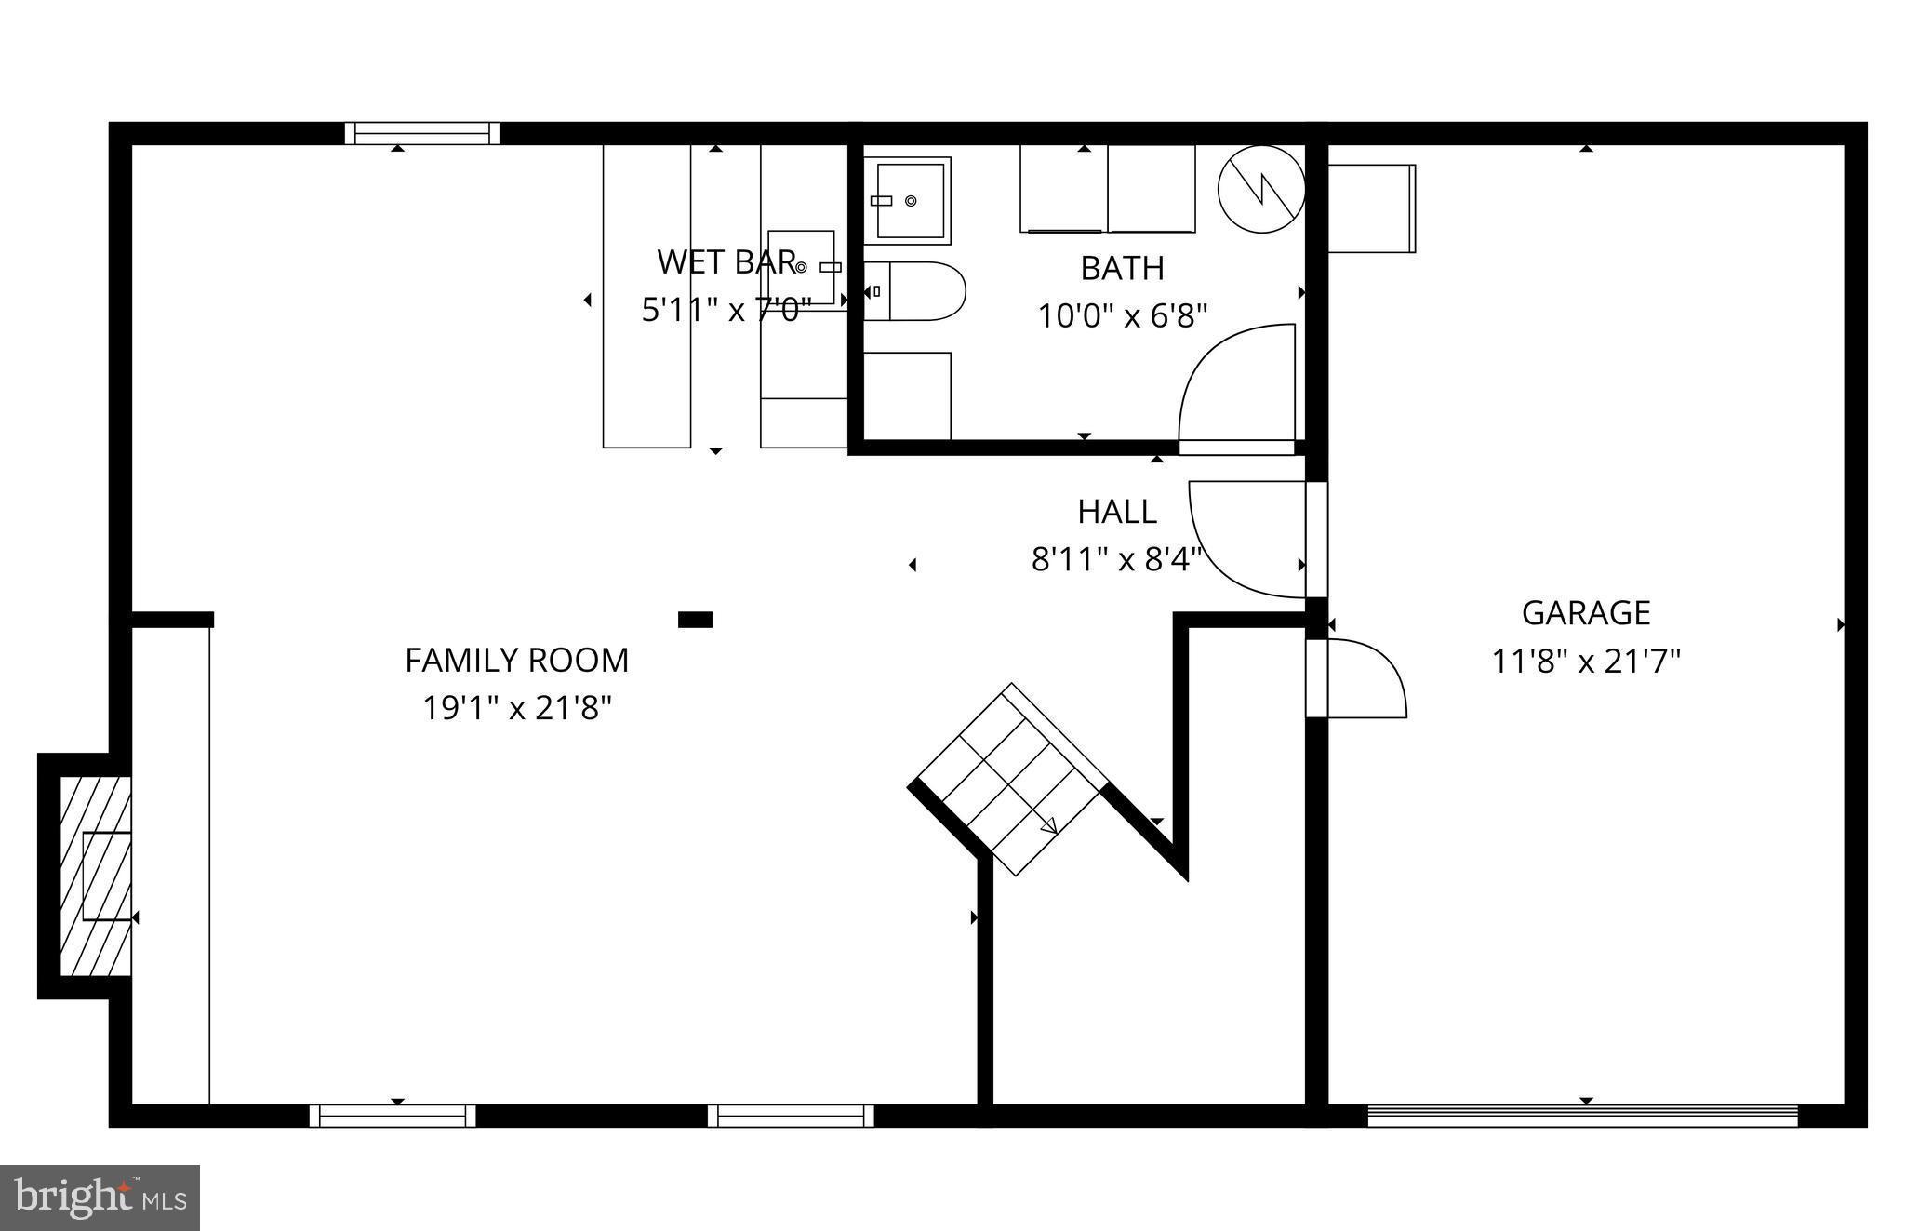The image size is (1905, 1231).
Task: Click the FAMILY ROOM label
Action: pos(516,660)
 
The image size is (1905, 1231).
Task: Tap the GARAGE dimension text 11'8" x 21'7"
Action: pos(1586,662)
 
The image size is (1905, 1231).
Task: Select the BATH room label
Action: pos(1122,268)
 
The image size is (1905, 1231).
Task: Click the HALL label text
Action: pos(1116,512)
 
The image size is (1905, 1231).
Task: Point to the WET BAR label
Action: pos(726,262)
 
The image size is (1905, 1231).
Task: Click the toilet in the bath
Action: pos(915,291)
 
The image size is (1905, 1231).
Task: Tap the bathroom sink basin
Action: pos(907,200)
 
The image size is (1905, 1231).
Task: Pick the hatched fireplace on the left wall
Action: pos(95,876)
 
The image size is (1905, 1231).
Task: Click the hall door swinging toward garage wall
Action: pos(1246,540)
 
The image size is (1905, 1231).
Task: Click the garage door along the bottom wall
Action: pos(1581,1114)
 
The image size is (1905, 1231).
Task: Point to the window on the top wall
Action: pos(422,134)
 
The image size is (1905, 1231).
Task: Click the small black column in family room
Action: pos(695,620)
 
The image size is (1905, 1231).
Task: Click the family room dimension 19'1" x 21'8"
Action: pos(516,709)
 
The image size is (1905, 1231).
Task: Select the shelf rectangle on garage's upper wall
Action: pos(1371,208)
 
